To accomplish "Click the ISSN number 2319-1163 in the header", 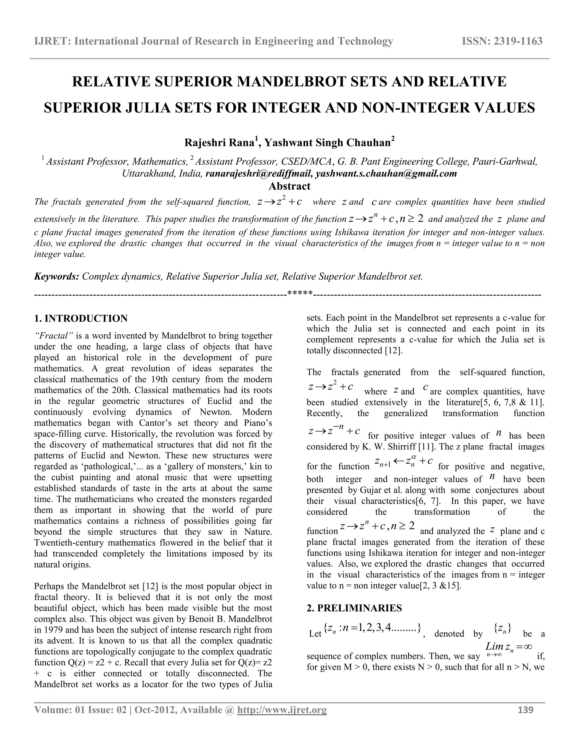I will tap(502, 41).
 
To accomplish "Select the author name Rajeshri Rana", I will tap(219, 143).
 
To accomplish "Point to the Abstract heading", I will tap(289, 186).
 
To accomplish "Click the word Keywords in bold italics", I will tap(56, 277).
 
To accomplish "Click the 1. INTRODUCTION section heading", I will tap(81, 318).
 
